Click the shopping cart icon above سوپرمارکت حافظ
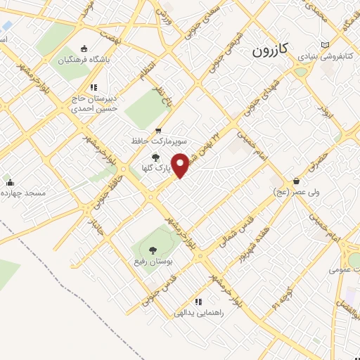pyautogui.click(x=157, y=130)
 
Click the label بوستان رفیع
pyautogui.click(x=153, y=262)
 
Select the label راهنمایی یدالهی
pyautogui.click(x=203, y=313)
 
